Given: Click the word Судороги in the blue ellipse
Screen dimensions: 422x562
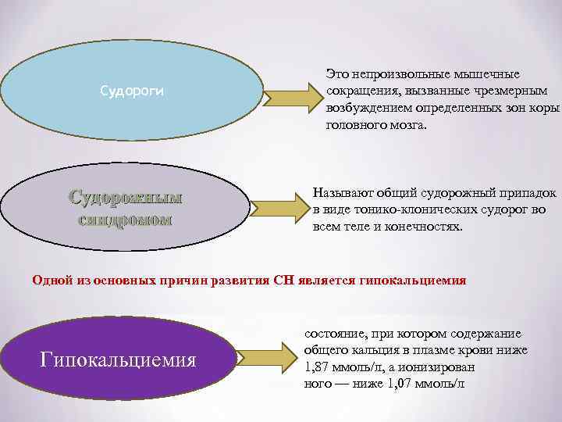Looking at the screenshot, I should coord(132,91).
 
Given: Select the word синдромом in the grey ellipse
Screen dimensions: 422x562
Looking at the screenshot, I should coord(126,220).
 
